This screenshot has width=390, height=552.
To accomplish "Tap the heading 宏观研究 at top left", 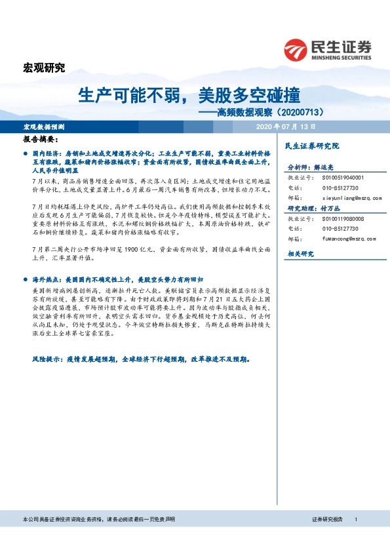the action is (44, 68).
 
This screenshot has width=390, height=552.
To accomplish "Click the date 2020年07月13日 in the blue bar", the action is (286, 126).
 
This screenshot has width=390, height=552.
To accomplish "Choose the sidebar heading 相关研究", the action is (301, 253).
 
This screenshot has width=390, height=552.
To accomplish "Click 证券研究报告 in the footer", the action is (328, 519).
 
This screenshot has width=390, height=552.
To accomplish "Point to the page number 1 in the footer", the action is (355, 519).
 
